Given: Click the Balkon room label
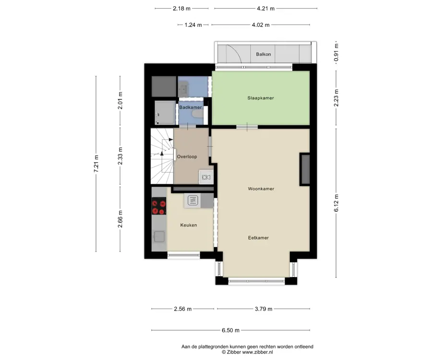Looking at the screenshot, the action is (x=264, y=54).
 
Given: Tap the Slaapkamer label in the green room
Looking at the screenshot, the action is (x=261, y=98).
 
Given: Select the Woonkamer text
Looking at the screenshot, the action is (x=261, y=189).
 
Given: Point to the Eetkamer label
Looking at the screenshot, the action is (x=258, y=238).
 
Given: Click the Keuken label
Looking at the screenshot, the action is (x=189, y=225).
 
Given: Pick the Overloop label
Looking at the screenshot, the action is (x=187, y=157).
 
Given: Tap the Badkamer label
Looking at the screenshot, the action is (x=191, y=108).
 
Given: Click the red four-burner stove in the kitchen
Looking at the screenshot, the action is (x=159, y=206).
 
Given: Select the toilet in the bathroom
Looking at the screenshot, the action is (x=198, y=113).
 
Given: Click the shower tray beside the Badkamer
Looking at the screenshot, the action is (x=165, y=113).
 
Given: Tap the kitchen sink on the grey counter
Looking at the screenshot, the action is (x=159, y=237).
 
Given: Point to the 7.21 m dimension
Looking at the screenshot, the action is (x=96, y=163).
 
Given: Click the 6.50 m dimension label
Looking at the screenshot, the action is (x=230, y=330).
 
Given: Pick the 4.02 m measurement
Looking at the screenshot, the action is (x=261, y=25).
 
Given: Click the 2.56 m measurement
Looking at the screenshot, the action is (x=183, y=309).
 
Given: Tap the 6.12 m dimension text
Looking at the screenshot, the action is (x=336, y=203).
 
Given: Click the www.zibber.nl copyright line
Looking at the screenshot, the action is (x=247, y=352).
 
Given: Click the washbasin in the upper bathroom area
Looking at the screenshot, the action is (x=183, y=89).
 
